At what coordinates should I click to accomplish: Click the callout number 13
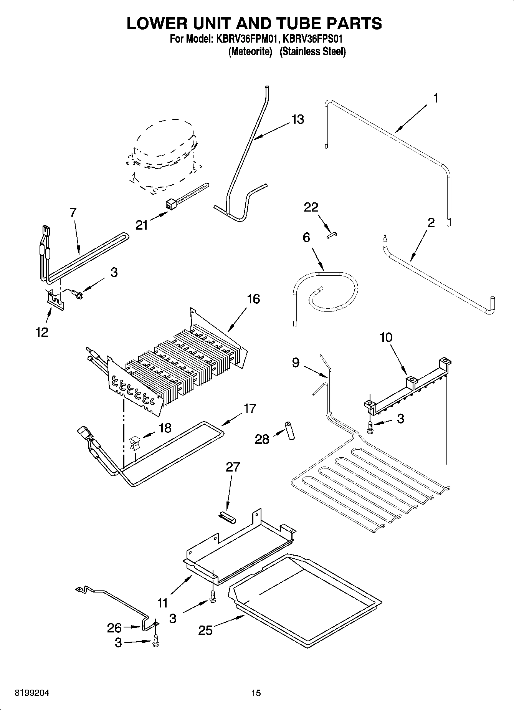(297, 119)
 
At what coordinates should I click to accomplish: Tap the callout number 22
(311, 207)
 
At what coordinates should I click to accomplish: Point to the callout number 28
(262, 439)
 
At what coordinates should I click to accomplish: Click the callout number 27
(233, 467)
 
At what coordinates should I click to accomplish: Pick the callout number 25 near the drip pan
(205, 630)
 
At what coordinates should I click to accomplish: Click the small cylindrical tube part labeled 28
(289, 430)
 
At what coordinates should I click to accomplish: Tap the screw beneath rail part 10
(370, 427)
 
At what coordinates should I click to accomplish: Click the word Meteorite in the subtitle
(250, 51)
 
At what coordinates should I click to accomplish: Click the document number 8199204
(32, 693)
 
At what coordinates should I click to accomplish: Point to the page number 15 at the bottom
(256, 693)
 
